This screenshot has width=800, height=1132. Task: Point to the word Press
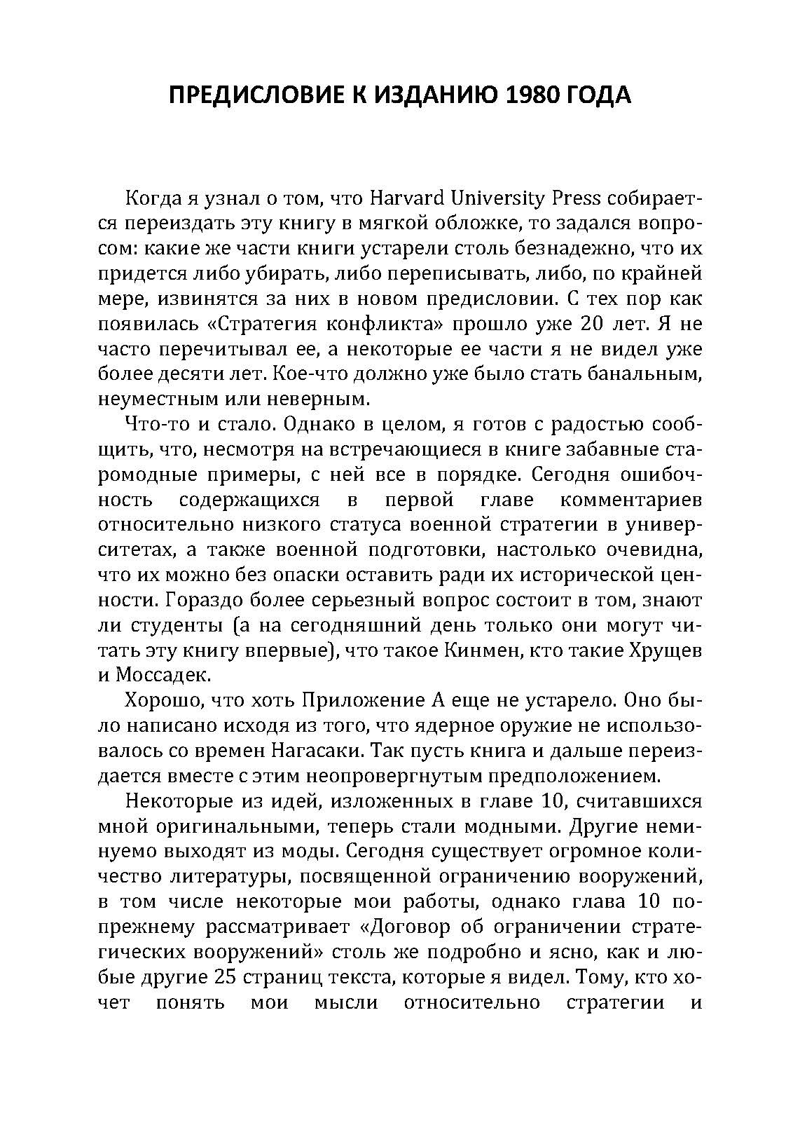click(x=577, y=198)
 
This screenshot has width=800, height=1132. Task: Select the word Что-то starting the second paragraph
click(x=152, y=425)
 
